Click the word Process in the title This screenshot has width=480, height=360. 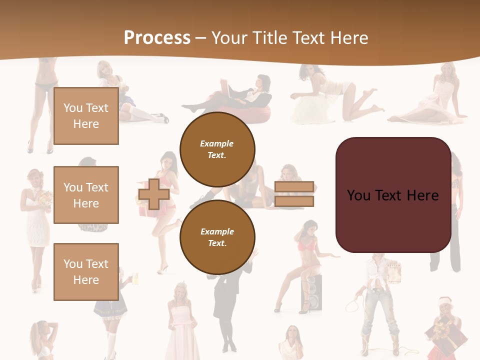tap(157, 38)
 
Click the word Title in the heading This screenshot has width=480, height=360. tap(270, 38)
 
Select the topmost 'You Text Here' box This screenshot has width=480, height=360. tap(86, 116)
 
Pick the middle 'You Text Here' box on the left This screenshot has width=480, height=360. tap(86, 195)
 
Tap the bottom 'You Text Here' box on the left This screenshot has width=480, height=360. tap(86, 271)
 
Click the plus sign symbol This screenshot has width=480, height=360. tap(154, 194)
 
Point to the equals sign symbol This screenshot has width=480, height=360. tap(294, 194)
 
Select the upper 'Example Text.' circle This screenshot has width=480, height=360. tap(217, 149)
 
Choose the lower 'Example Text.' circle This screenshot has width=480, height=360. tap(217, 237)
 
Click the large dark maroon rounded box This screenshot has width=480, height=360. tap(393, 195)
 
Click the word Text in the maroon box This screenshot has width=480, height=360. tap(393, 195)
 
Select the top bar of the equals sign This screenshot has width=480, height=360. tap(294, 187)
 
